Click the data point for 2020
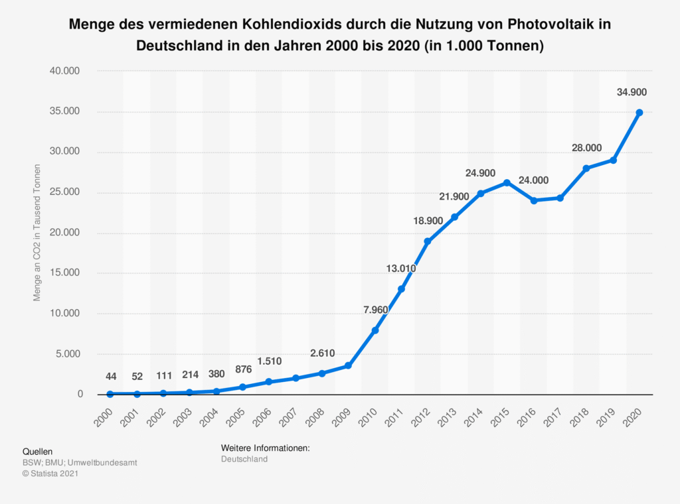(x=639, y=113)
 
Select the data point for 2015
(x=507, y=182)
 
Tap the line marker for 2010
(x=375, y=330)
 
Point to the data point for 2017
(x=560, y=198)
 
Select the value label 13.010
(x=401, y=269)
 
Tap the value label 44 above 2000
(x=110, y=377)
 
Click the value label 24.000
(x=533, y=180)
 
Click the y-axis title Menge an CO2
(x=38, y=233)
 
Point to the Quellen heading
(x=37, y=451)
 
